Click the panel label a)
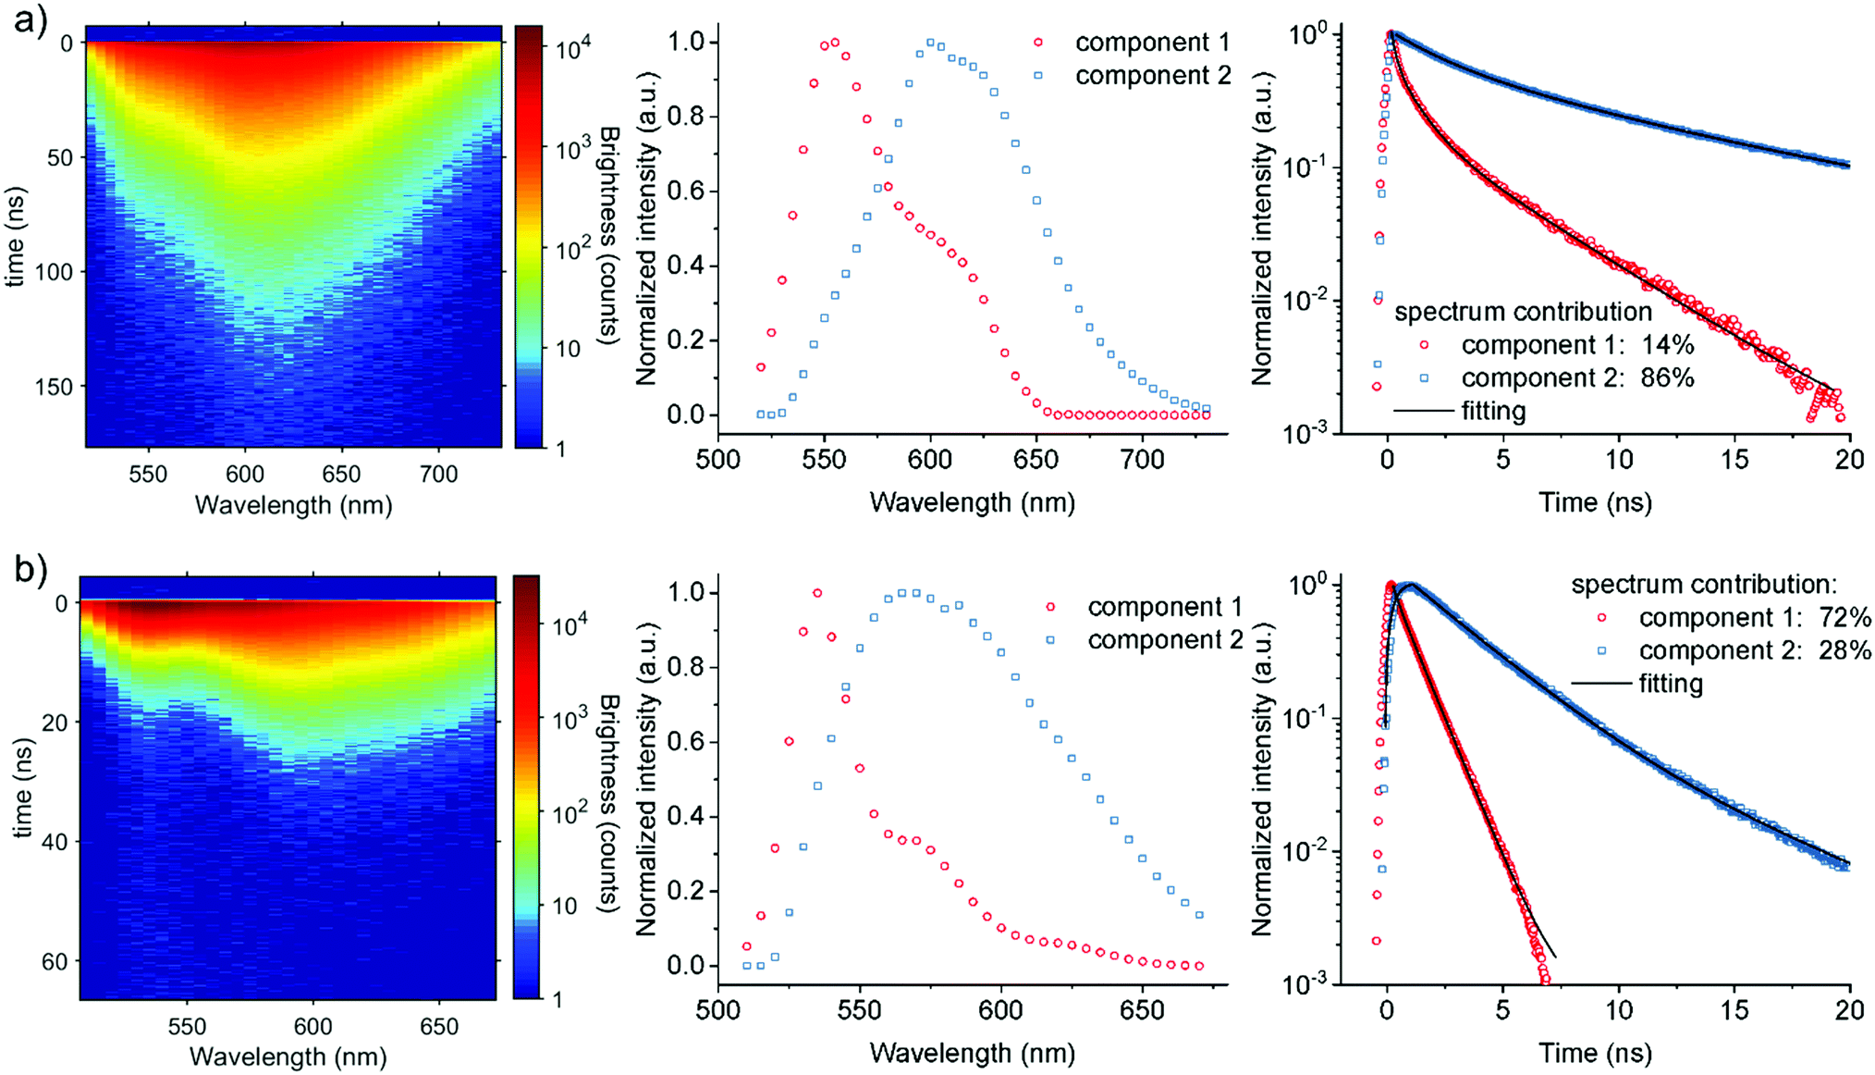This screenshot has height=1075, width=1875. coord(31,19)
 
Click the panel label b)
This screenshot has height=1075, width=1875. coord(31,569)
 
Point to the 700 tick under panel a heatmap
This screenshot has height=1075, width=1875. coord(438,475)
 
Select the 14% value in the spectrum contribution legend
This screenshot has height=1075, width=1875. coord(1668,345)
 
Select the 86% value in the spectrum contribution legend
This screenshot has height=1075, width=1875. coord(1668,377)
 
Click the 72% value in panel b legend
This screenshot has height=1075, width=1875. coord(1845,617)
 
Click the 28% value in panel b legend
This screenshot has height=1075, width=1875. coord(1845,650)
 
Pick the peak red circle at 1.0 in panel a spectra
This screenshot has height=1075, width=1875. coord(835,42)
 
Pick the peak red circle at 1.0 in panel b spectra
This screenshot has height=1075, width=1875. coord(817,593)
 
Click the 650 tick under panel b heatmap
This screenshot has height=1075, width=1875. coord(438,1026)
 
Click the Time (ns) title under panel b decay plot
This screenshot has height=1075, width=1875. coord(1595,1053)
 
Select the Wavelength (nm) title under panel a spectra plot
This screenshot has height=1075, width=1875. coord(973,502)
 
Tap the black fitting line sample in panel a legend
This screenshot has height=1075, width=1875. coord(1423,410)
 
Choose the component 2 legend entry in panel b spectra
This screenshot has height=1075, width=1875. coord(1165,640)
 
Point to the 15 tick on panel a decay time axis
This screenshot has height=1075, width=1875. coord(1734,460)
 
